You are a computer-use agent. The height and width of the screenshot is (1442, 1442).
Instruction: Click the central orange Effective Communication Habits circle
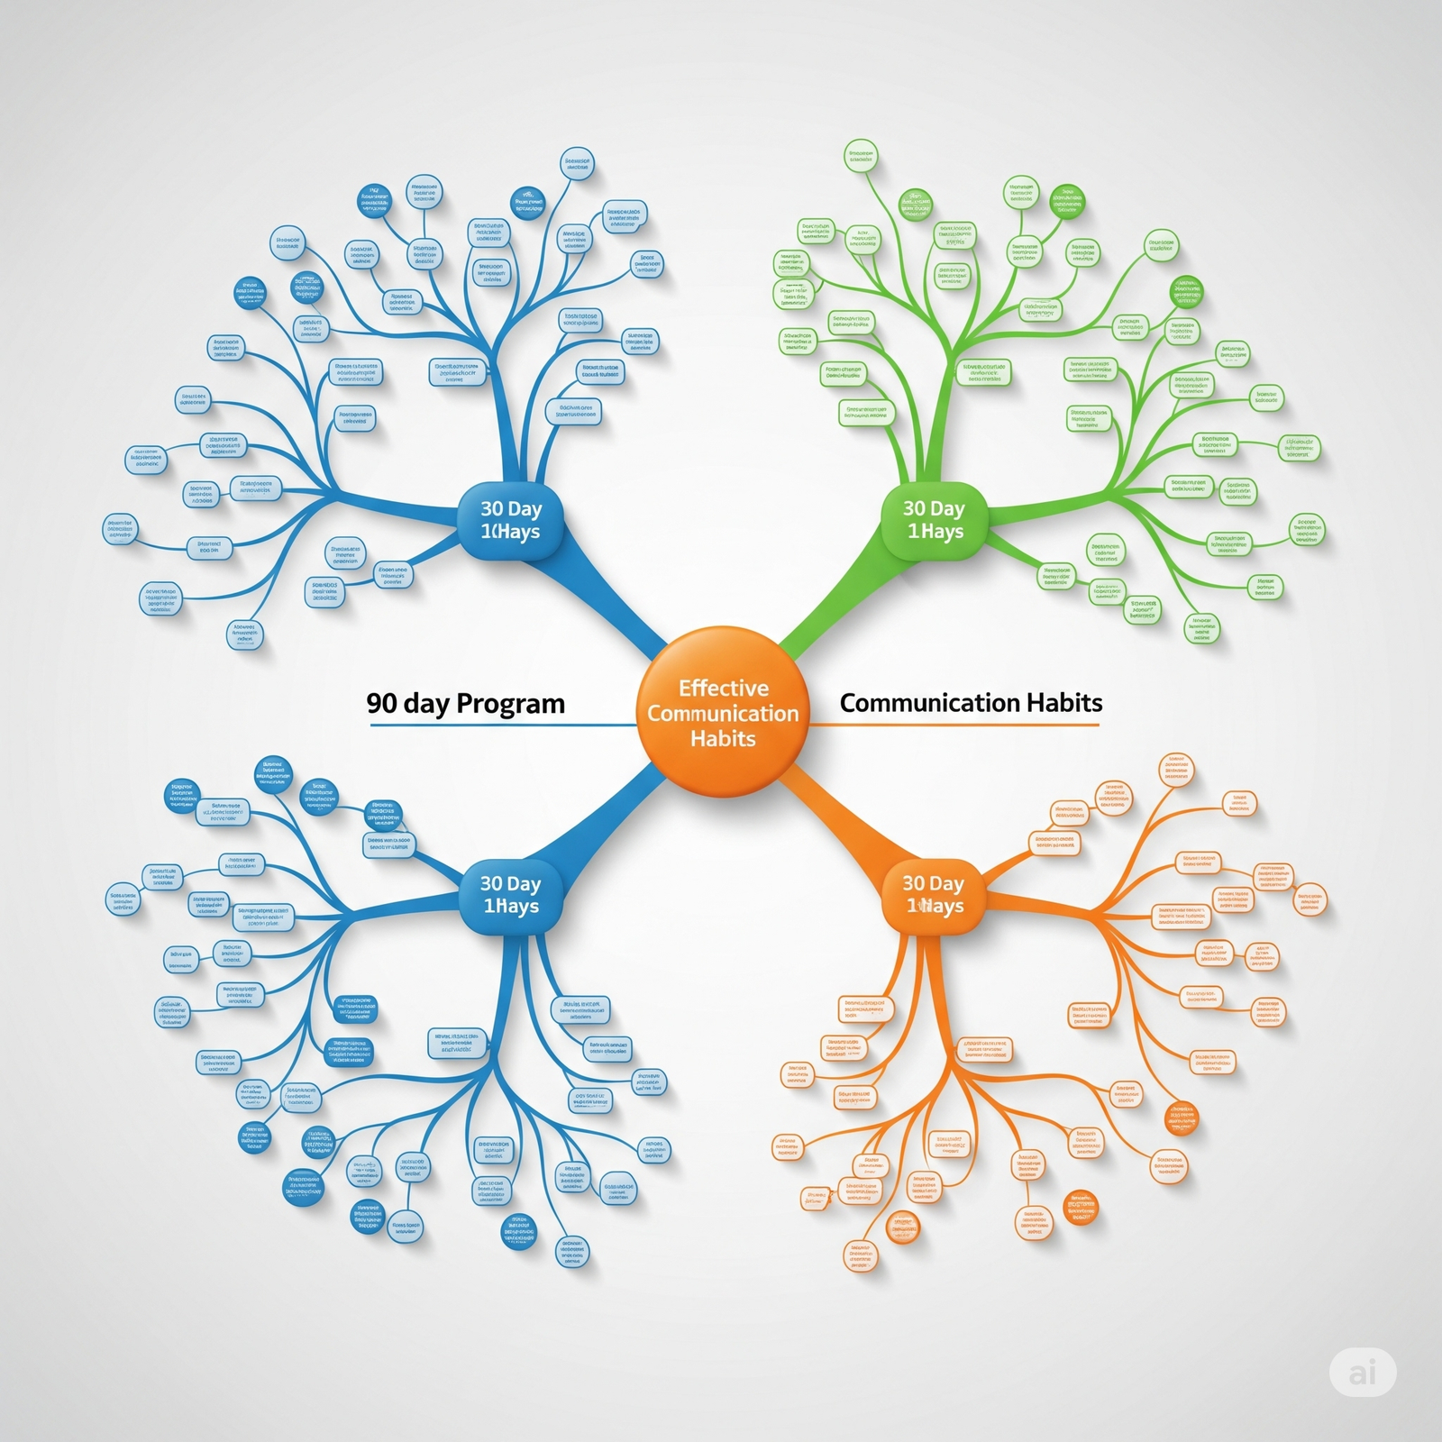[722, 712]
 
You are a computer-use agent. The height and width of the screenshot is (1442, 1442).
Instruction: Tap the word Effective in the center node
[723, 689]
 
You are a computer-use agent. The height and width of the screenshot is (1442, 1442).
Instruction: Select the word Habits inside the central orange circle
[723, 739]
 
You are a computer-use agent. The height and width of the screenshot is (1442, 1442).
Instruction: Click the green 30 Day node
[934, 521]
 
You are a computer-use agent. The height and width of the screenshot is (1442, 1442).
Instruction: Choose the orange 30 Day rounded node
[934, 895]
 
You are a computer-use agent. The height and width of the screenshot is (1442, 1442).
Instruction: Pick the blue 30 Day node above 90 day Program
[511, 521]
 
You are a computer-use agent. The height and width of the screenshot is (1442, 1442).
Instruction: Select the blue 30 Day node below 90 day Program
[511, 895]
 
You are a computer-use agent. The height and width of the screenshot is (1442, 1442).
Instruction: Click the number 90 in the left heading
[382, 703]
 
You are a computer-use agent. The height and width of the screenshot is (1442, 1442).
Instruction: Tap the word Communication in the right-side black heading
[925, 703]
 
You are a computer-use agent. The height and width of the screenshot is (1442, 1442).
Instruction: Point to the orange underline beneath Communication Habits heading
[955, 725]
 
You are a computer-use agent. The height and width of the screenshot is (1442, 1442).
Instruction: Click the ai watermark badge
[1363, 1372]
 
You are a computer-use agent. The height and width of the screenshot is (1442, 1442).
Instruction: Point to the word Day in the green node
[947, 509]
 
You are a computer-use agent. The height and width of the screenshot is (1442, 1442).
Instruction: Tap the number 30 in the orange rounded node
[914, 883]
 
